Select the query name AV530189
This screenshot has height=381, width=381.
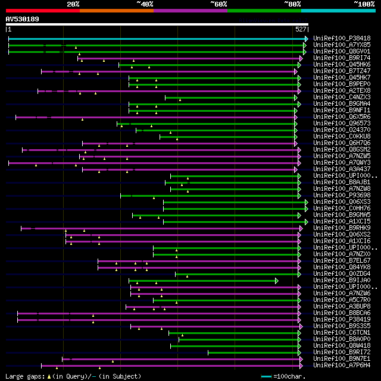[x=23, y=19]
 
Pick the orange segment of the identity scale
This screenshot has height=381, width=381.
[x=117, y=11]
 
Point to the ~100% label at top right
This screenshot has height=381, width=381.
[x=364, y=4]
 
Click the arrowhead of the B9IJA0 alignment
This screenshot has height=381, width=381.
[x=276, y=281]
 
